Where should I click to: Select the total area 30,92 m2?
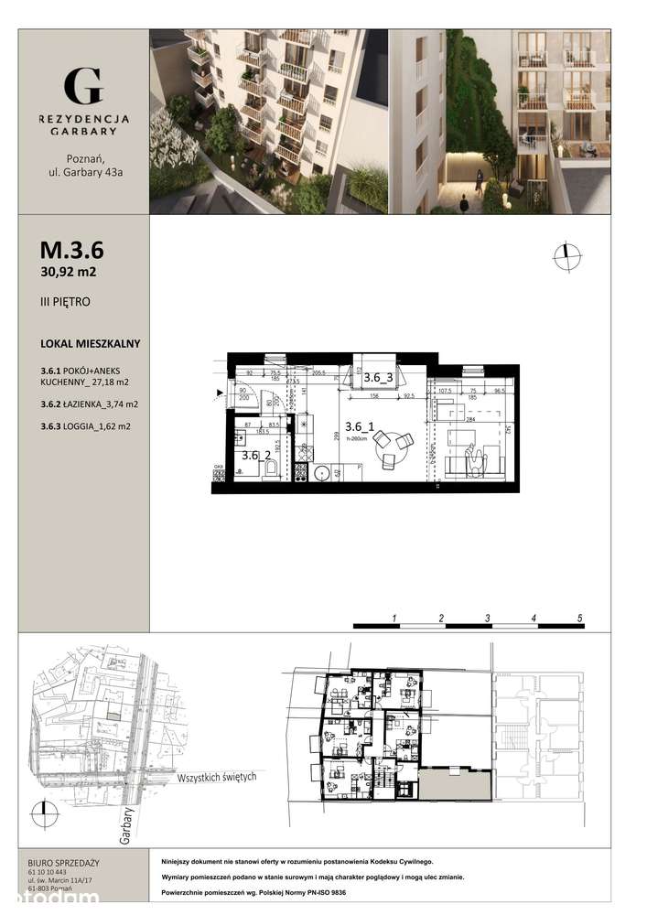[69, 272]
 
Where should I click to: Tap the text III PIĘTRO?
[65, 301]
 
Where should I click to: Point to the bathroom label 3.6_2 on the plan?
[255, 455]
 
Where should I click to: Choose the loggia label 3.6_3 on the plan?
[378, 376]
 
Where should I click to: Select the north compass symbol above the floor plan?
[566, 258]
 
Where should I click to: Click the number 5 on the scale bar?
[580, 619]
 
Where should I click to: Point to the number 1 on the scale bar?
[394, 619]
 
